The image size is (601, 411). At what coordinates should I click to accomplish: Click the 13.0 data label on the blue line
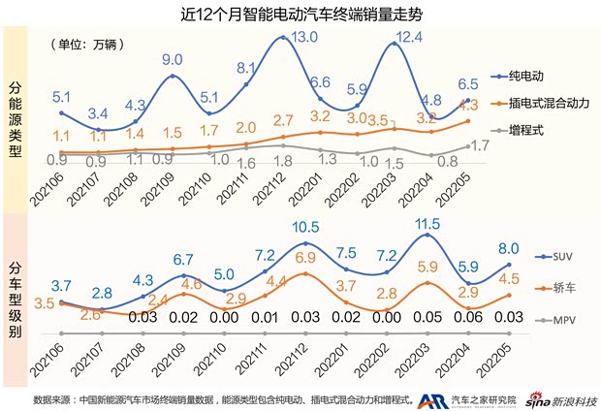coord(304,37)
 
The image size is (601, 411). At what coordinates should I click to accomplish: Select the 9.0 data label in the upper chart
coord(173,59)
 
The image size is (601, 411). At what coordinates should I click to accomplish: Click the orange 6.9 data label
coord(304,257)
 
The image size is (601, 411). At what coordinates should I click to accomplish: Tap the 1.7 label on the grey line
coord(476,145)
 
